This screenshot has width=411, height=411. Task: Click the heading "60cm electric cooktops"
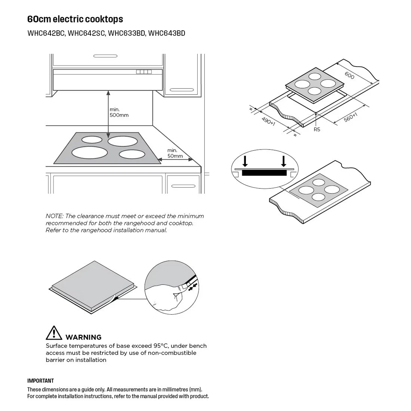75,19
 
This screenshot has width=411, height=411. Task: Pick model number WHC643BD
167,33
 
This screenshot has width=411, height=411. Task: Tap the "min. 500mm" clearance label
119,112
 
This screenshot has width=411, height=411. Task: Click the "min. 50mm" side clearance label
175,153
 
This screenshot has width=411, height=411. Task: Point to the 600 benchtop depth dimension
349,75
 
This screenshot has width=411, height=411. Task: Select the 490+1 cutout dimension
268,121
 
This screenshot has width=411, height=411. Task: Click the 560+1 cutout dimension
350,117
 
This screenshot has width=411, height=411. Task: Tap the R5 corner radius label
317,129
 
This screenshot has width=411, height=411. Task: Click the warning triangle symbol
54,333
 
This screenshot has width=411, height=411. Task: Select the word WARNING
83,337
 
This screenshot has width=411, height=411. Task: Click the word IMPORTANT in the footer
40,381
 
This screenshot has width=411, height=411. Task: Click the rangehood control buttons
144,72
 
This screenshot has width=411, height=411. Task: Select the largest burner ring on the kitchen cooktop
90,152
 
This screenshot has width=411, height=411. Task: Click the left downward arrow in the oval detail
245,161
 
